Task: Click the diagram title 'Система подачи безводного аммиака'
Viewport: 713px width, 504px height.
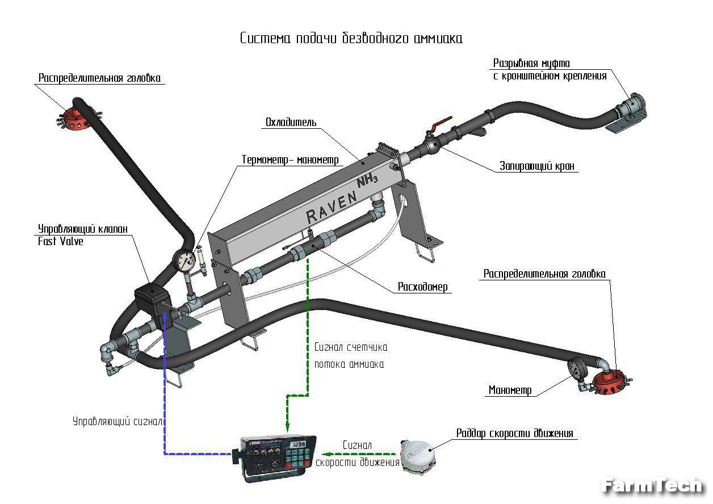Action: click(x=351, y=39)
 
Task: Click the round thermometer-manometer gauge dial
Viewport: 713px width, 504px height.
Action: click(x=184, y=261)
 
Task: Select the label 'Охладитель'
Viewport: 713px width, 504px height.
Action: click(x=291, y=123)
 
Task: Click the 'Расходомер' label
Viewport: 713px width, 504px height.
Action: click(x=423, y=287)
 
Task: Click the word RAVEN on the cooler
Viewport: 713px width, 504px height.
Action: click(x=332, y=206)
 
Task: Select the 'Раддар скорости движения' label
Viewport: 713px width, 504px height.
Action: click(x=515, y=434)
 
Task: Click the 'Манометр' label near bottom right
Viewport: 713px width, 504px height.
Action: click(x=510, y=390)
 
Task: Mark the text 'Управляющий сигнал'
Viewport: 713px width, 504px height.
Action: click(x=118, y=422)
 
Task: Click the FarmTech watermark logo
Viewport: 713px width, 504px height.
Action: click(x=653, y=486)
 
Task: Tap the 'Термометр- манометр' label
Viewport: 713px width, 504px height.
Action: click(x=290, y=159)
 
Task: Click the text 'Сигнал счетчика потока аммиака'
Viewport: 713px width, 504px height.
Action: click(x=350, y=356)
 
